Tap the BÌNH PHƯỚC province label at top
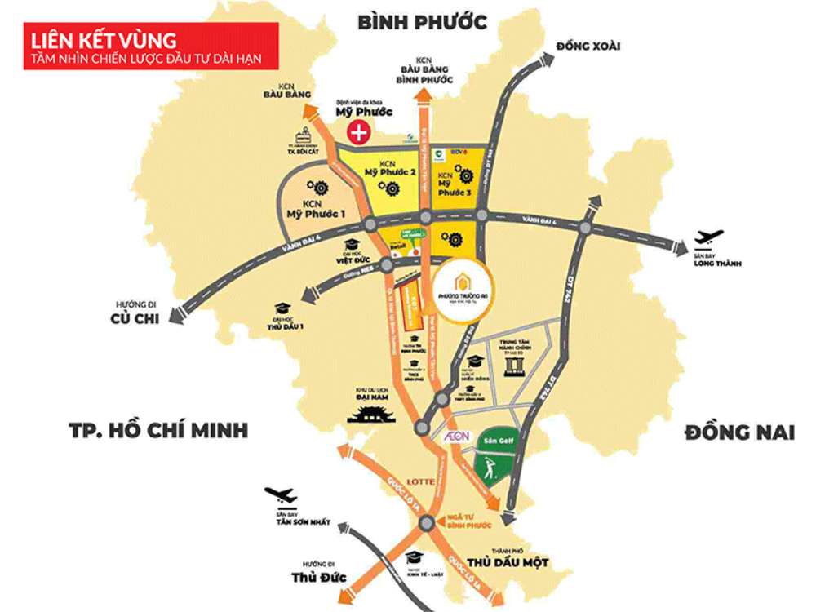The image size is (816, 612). [x=422, y=21]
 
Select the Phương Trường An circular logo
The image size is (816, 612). [x=462, y=290]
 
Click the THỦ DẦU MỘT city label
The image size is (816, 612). [x=507, y=563]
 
